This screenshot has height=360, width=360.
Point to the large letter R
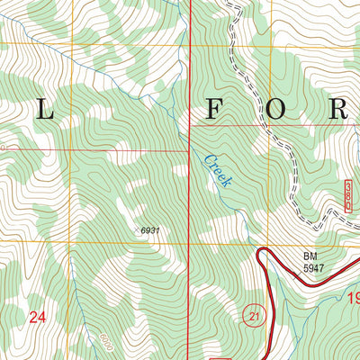pos(338,109)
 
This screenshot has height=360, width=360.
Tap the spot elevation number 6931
pos(150,231)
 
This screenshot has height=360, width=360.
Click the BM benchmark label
pos(310,256)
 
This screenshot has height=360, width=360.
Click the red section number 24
pos(37,317)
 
